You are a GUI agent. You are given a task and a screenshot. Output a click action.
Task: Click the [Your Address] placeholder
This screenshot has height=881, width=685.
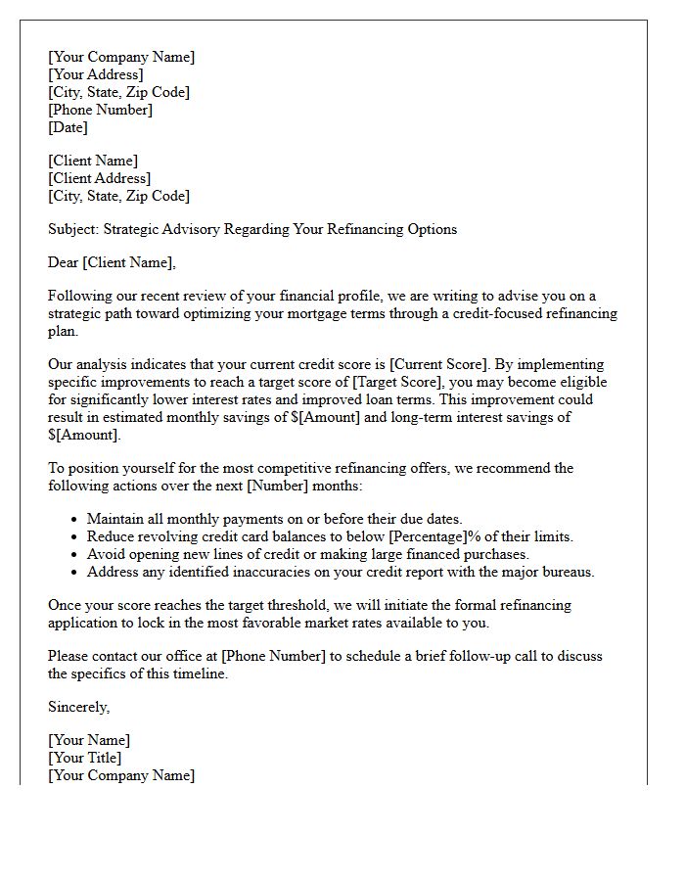click(96, 74)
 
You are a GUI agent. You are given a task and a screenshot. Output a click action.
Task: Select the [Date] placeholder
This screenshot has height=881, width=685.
click(68, 127)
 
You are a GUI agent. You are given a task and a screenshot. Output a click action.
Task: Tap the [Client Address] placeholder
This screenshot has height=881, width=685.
click(100, 178)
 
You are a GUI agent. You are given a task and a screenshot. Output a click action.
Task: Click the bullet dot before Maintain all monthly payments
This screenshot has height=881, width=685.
click(75, 520)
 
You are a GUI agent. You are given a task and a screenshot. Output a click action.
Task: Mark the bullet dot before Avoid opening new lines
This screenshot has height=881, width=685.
click(75, 555)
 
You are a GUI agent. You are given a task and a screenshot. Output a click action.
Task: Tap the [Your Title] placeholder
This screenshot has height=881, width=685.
click(85, 758)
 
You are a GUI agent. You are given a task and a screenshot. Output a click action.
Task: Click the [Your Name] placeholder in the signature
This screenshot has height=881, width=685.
click(89, 740)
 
